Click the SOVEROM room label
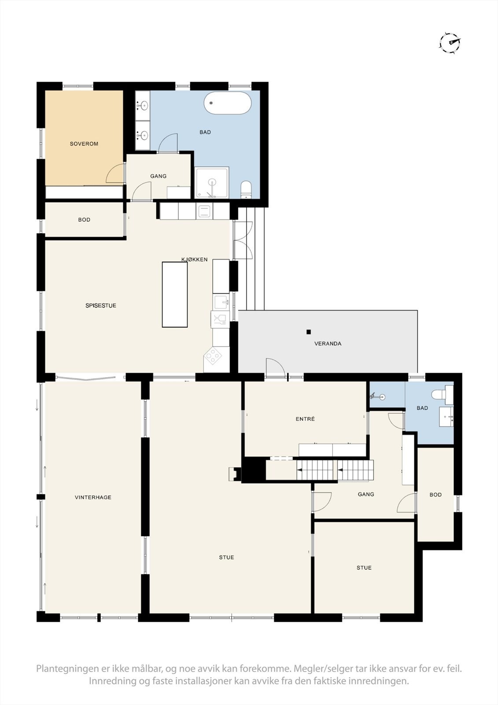click(x=84, y=144)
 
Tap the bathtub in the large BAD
click(x=228, y=103)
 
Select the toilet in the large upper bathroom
click(x=246, y=189)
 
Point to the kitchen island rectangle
click(x=175, y=294)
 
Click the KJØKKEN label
click(x=195, y=260)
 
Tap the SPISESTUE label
click(x=101, y=305)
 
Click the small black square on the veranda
click(x=309, y=332)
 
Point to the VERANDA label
click(x=328, y=344)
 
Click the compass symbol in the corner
click(x=450, y=43)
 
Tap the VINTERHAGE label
click(x=93, y=497)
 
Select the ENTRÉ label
click(x=305, y=419)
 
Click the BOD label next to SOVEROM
click(x=84, y=219)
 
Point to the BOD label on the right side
click(x=435, y=495)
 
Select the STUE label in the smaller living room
click(x=364, y=568)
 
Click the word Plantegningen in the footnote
click(x=67, y=669)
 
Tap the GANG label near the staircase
click(x=366, y=494)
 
